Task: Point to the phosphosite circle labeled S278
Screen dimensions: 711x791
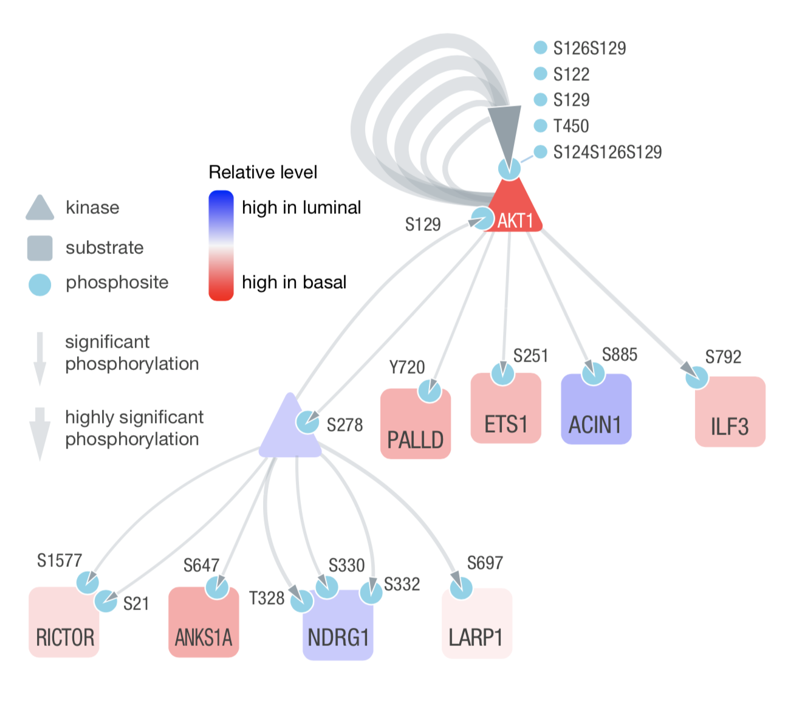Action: (x=307, y=422)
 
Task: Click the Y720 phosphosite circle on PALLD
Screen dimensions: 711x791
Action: (x=430, y=390)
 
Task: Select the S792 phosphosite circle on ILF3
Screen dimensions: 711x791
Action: (x=697, y=378)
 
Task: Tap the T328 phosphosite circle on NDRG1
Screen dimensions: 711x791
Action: (x=302, y=601)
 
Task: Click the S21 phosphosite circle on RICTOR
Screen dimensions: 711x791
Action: (x=106, y=601)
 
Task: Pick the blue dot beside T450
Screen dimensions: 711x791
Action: (x=540, y=126)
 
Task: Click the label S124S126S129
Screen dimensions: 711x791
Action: (x=607, y=152)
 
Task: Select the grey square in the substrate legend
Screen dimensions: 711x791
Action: (x=40, y=248)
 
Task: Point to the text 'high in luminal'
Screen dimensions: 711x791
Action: (x=301, y=207)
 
